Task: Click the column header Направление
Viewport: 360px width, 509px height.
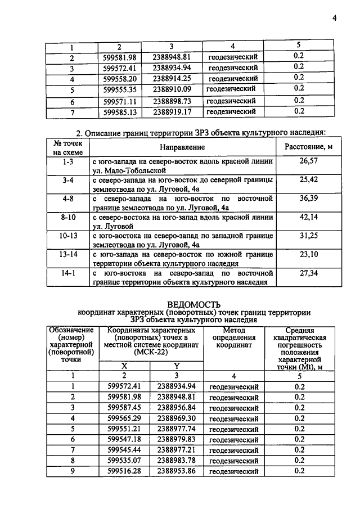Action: pos(182,147)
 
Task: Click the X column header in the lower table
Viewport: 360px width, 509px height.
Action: pos(124,366)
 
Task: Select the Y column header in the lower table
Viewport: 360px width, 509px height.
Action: pos(176,366)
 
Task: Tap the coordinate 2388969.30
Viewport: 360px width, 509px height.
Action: pos(176,418)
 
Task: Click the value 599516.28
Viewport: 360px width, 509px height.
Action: pos(124,471)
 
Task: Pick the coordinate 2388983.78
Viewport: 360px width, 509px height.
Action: pos(176,460)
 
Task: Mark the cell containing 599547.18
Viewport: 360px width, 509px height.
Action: pos(124,439)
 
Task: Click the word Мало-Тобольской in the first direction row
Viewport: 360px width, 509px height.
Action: pos(139,169)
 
